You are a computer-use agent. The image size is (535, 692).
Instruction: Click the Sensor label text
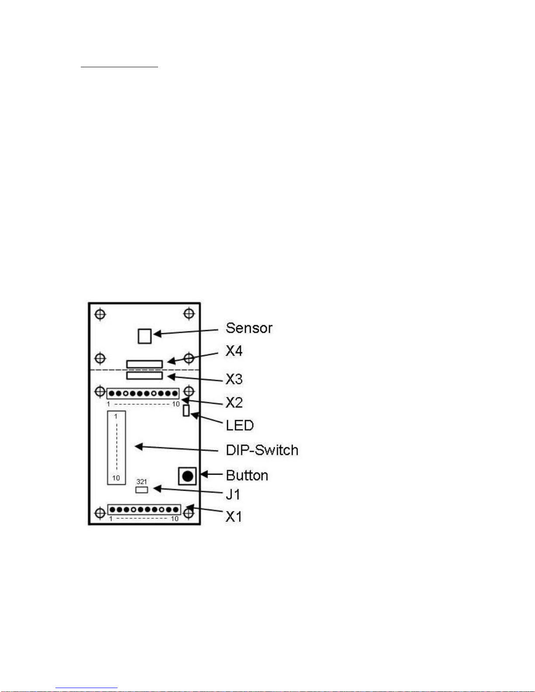click(249, 328)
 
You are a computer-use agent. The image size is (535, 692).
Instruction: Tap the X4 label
click(234, 351)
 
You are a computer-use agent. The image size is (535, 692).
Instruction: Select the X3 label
click(234, 379)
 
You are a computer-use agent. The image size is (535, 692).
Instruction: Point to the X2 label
click(234, 402)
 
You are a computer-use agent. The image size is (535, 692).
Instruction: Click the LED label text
click(239, 425)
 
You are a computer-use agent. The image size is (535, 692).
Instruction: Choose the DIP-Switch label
click(262, 450)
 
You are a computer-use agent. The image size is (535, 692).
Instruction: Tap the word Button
click(247, 475)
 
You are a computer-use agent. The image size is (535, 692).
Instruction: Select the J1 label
click(233, 495)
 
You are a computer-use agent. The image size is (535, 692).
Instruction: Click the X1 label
click(234, 516)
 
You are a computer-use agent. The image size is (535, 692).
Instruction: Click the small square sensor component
click(145, 336)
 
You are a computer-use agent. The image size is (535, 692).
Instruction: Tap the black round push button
click(187, 476)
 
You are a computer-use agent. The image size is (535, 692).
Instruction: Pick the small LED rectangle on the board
click(186, 410)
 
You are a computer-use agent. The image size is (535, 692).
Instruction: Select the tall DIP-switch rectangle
click(117, 448)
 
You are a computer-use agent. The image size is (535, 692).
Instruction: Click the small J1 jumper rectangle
click(142, 489)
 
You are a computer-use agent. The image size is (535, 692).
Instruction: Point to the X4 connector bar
click(145, 364)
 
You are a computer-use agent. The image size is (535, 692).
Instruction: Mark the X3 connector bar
click(145, 375)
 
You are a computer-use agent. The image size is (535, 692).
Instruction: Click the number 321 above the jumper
click(142, 482)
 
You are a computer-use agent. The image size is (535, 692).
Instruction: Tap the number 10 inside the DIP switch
click(116, 478)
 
